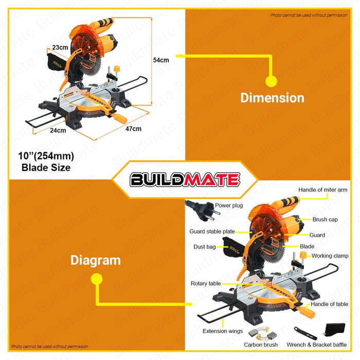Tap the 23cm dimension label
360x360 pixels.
point(61,47)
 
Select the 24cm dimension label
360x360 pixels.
point(58,130)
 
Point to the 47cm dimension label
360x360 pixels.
point(133,129)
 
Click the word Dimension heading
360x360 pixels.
point(272,98)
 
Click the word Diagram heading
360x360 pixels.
point(96,260)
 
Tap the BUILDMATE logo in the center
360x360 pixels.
point(185,179)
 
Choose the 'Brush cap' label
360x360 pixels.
point(325,219)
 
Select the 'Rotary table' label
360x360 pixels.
point(206,283)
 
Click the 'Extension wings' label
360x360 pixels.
point(222,331)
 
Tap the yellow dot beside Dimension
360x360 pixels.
point(271,81)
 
